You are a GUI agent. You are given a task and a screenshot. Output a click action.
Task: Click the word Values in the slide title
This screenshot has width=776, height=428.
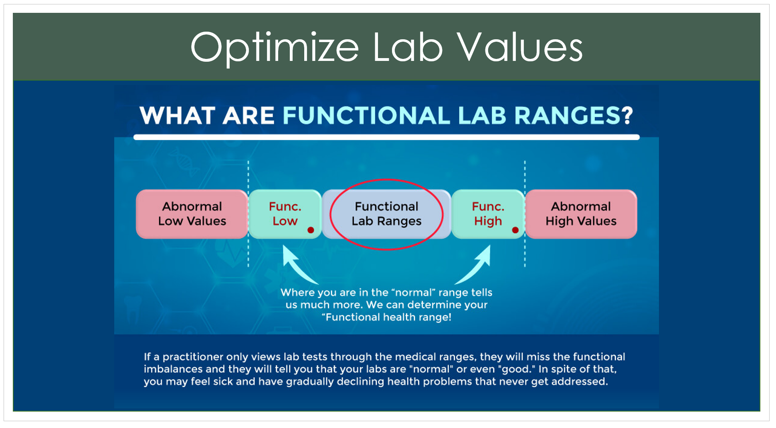point(520,47)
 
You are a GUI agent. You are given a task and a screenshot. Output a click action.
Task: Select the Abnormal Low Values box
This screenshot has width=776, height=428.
point(192,214)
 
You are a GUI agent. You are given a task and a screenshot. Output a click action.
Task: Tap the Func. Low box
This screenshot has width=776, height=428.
point(285,214)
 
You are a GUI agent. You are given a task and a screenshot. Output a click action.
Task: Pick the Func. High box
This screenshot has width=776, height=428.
point(488,214)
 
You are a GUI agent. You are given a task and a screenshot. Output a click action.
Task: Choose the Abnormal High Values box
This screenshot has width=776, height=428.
point(581,214)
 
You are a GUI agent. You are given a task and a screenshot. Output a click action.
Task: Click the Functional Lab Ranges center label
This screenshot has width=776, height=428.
point(386,214)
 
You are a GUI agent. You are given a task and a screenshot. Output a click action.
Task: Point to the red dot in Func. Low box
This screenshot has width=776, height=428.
point(311,230)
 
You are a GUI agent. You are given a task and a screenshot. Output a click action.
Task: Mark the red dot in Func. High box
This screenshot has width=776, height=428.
point(515,230)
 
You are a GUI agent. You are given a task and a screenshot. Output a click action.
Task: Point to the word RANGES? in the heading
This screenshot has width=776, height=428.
point(574,116)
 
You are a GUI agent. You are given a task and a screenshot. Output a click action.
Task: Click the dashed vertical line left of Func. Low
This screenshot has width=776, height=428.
point(248,214)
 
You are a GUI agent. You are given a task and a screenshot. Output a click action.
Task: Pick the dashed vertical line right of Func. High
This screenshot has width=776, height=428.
point(525,214)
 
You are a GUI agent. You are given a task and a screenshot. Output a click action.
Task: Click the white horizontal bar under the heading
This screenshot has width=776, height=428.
point(386,137)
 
